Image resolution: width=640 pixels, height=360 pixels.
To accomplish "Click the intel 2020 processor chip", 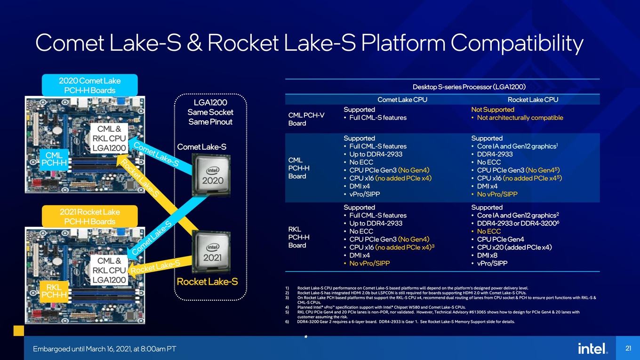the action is [211, 175].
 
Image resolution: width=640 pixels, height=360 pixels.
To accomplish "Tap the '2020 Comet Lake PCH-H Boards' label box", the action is [90, 85].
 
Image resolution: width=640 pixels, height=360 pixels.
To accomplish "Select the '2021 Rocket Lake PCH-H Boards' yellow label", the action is [90, 216].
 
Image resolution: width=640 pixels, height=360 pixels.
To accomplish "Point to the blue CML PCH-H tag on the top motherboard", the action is [54, 159].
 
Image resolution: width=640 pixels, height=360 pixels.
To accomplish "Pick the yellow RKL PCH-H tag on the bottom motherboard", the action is [54, 291].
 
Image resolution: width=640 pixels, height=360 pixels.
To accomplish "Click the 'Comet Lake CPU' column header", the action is [402, 99].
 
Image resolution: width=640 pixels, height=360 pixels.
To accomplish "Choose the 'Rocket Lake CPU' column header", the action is [533, 99].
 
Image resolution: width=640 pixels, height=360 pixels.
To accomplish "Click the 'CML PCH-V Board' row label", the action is [306, 119].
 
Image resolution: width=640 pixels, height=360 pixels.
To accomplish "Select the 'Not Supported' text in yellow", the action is [493, 110].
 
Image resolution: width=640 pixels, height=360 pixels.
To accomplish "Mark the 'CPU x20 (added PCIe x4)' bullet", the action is [512, 247].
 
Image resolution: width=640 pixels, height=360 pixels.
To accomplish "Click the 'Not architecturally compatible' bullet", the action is [518, 118].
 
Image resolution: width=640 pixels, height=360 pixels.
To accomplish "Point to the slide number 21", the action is [628, 348].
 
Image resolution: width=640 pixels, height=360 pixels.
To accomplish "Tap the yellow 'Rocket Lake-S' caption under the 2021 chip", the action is [208, 282].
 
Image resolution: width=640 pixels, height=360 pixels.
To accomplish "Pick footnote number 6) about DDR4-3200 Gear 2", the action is [400, 322].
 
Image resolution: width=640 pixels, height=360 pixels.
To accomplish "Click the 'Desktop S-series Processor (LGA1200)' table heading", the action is [469, 87].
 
